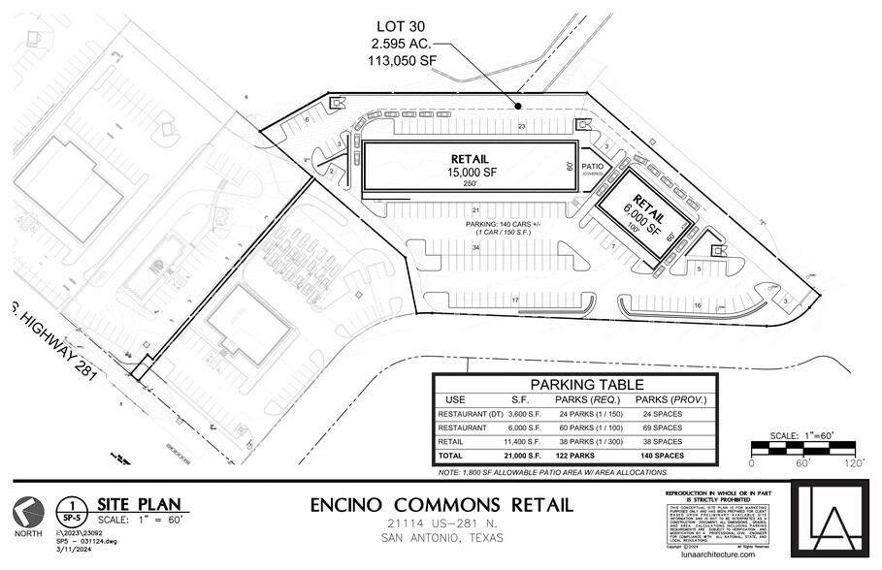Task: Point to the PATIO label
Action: (x=594, y=166)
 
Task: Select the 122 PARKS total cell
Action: (x=578, y=456)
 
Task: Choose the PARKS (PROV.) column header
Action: (x=670, y=399)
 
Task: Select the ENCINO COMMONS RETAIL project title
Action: (x=441, y=505)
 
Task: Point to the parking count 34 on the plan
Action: (x=475, y=248)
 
